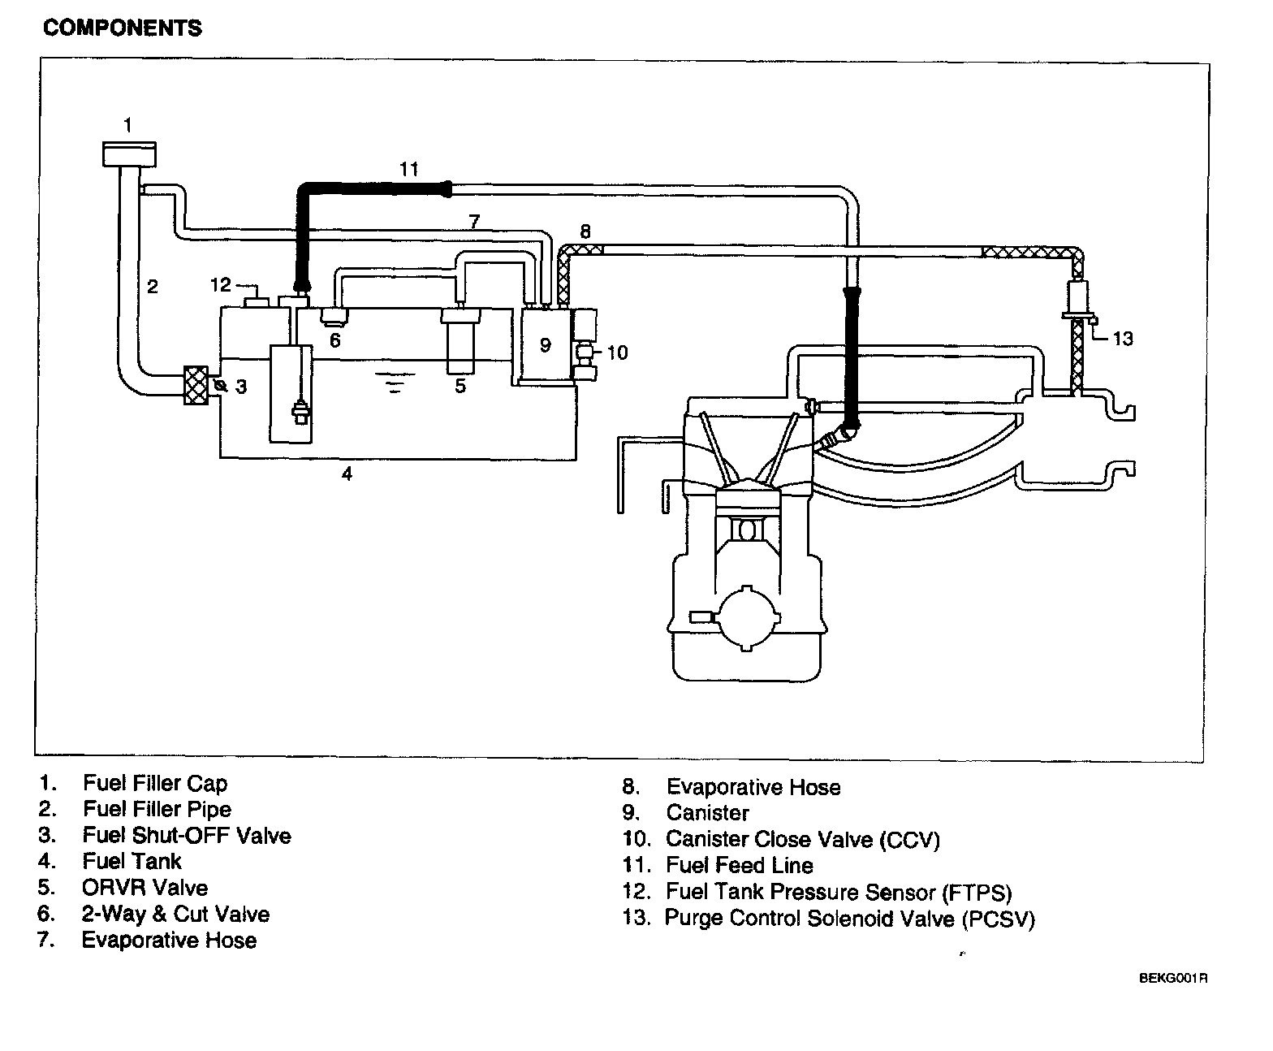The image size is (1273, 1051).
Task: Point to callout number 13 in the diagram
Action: tap(1122, 339)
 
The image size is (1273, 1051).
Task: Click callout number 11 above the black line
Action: tap(408, 169)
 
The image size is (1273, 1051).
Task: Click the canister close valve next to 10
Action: tap(585, 353)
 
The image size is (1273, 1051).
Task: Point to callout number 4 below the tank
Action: tap(347, 474)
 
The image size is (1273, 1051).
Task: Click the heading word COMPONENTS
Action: tap(123, 28)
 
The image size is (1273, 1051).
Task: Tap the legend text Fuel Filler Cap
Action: tap(155, 783)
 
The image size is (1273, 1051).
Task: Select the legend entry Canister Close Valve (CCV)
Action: tap(802, 839)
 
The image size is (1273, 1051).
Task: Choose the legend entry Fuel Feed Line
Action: tap(739, 865)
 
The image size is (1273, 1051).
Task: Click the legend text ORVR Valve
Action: tap(145, 887)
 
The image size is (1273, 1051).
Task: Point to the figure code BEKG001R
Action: tap(1173, 978)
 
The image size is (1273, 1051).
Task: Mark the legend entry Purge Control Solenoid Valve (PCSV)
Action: tap(849, 919)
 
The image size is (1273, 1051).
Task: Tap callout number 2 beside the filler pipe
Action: tap(153, 286)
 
